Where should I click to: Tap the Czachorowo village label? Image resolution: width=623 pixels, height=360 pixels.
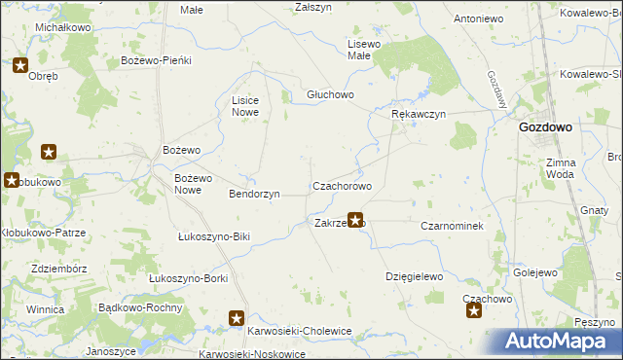342,185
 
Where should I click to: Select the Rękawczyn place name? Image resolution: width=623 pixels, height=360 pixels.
418,114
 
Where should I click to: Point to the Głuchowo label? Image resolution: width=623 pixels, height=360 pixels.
330,94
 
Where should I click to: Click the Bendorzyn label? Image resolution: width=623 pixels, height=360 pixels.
254,194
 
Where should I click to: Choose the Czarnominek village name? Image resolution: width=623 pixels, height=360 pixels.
452,225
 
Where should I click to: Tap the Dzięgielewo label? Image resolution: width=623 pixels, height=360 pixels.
414,276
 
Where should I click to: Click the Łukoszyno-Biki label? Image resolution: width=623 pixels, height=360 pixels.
214,236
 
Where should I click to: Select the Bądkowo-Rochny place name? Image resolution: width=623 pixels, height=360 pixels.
141,306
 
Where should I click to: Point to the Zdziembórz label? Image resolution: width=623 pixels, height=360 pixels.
60,269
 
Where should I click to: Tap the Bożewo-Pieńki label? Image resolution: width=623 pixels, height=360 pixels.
156,60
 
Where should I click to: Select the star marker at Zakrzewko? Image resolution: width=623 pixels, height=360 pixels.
355,222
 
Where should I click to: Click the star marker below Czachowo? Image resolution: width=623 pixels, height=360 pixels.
474,311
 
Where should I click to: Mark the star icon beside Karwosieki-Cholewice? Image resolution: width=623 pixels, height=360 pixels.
237,317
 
